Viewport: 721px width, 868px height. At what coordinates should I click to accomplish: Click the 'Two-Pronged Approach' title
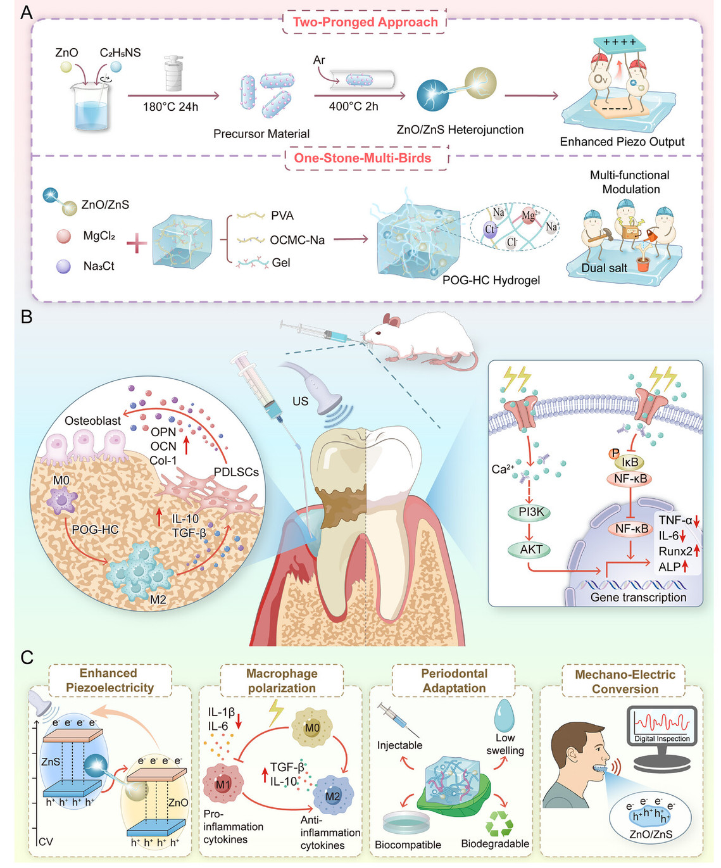(x=365, y=22)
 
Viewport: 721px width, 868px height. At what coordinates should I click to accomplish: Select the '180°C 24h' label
(x=170, y=107)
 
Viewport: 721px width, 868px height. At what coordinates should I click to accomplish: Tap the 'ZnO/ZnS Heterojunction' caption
(x=460, y=130)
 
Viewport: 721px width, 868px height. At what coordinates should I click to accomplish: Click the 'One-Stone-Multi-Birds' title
(x=362, y=158)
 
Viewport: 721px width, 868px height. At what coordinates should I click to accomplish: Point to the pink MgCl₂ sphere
(x=63, y=236)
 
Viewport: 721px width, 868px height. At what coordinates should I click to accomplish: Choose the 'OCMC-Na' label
(x=297, y=240)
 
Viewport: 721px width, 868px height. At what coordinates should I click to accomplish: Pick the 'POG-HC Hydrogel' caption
(x=491, y=280)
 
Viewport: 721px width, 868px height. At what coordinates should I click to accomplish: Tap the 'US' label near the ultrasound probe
(x=300, y=401)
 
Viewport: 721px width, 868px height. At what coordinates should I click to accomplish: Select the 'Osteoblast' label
(x=92, y=420)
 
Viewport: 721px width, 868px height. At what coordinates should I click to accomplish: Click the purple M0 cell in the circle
(x=62, y=502)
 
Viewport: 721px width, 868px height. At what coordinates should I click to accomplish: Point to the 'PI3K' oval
(x=531, y=512)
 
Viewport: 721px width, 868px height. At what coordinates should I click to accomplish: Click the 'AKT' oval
(x=531, y=550)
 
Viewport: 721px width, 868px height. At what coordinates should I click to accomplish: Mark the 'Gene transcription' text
(x=637, y=597)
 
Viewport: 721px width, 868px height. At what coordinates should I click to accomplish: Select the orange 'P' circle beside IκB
(x=613, y=453)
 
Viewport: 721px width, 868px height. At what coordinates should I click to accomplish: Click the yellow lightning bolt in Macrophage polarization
(x=276, y=712)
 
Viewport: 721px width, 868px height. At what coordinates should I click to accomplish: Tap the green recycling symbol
(x=499, y=824)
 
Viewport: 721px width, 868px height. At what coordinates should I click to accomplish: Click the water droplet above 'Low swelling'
(x=504, y=715)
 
